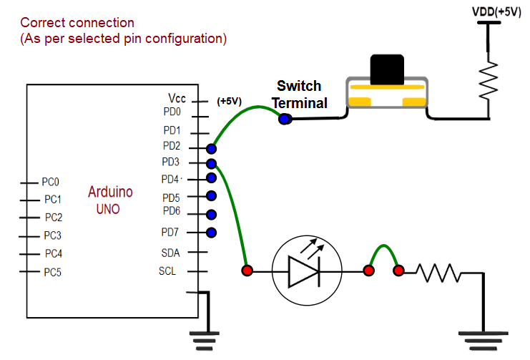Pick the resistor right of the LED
(x=438, y=271)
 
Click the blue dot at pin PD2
(x=211, y=148)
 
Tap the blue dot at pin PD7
(x=211, y=232)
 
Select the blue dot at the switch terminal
(x=285, y=119)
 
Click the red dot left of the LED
(x=247, y=271)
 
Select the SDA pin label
(x=171, y=253)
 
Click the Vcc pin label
(x=177, y=98)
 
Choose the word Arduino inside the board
(x=110, y=192)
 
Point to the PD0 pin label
(x=172, y=112)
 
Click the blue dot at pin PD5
(x=211, y=196)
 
